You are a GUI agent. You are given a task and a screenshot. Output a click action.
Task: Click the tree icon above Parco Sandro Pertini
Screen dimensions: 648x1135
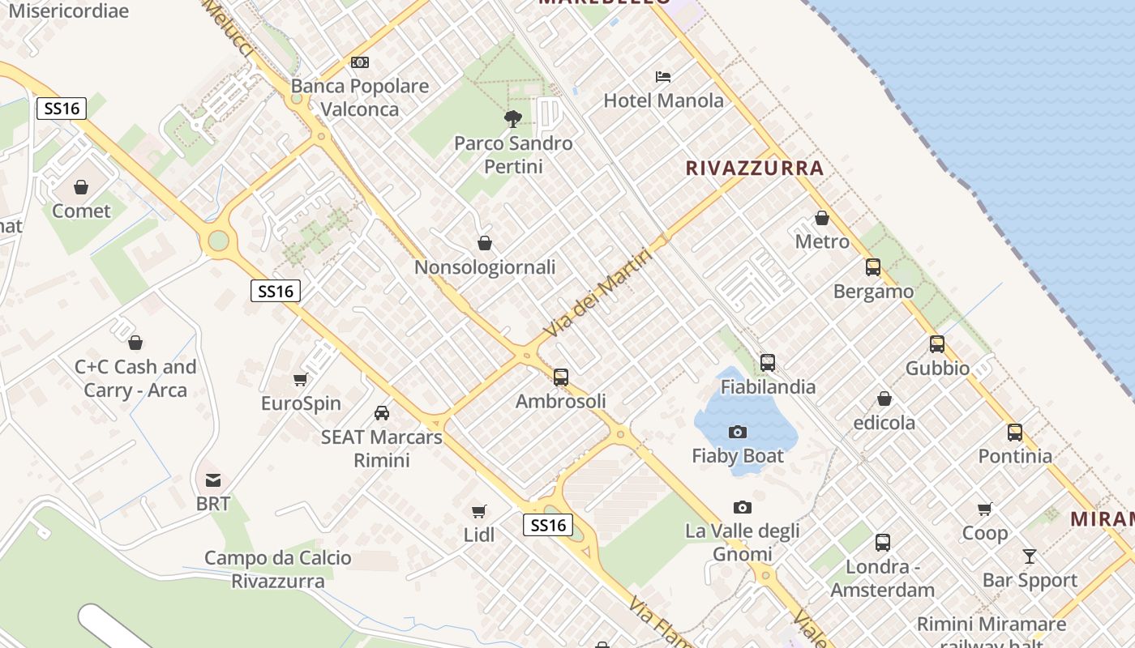pyautogui.click(x=512, y=119)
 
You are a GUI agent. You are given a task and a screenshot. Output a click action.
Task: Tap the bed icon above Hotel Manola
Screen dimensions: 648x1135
pyautogui.click(x=663, y=77)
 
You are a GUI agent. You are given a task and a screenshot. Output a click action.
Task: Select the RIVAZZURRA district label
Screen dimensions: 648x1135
pyautogui.click(x=755, y=168)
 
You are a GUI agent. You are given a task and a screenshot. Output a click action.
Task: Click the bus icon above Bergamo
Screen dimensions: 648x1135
pyautogui.click(x=873, y=267)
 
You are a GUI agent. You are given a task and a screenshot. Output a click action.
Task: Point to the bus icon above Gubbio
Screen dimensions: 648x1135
pyautogui.click(x=937, y=344)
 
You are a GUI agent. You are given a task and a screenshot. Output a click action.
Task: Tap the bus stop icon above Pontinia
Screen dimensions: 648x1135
pyautogui.click(x=1015, y=433)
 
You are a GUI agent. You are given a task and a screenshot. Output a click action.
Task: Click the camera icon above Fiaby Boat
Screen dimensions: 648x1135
pyautogui.click(x=738, y=432)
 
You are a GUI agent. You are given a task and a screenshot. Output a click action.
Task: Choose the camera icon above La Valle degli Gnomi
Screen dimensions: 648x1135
pyautogui.click(x=742, y=508)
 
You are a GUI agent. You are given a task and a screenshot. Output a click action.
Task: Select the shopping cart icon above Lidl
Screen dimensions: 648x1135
pyautogui.click(x=479, y=511)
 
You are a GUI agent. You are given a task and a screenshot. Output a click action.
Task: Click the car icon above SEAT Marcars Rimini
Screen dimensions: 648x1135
pyautogui.click(x=382, y=413)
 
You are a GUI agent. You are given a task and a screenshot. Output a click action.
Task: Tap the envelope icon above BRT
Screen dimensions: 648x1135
pyautogui.click(x=213, y=480)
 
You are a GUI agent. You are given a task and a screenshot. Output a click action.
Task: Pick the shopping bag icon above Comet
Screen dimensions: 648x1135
pyautogui.click(x=81, y=187)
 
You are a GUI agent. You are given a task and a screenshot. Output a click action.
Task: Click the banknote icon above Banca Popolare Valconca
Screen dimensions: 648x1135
pyautogui.click(x=360, y=62)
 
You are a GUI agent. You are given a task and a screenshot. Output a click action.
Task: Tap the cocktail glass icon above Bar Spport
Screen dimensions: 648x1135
pyautogui.click(x=1030, y=556)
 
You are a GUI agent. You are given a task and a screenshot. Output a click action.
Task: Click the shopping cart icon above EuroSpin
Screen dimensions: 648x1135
pyautogui.click(x=301, y=379)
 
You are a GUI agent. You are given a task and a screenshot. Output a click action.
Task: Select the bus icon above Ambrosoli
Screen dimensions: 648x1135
pyautogui.click(x=561, y=377)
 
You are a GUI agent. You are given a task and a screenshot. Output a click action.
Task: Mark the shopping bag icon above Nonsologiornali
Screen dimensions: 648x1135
pyautogui.click(x=485, y=243)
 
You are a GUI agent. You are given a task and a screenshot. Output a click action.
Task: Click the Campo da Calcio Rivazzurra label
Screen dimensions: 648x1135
pyautogui.click(x=278, y=569)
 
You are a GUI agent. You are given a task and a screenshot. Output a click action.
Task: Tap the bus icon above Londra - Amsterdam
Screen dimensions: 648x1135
pyautogui.click(x=883, y=543)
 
